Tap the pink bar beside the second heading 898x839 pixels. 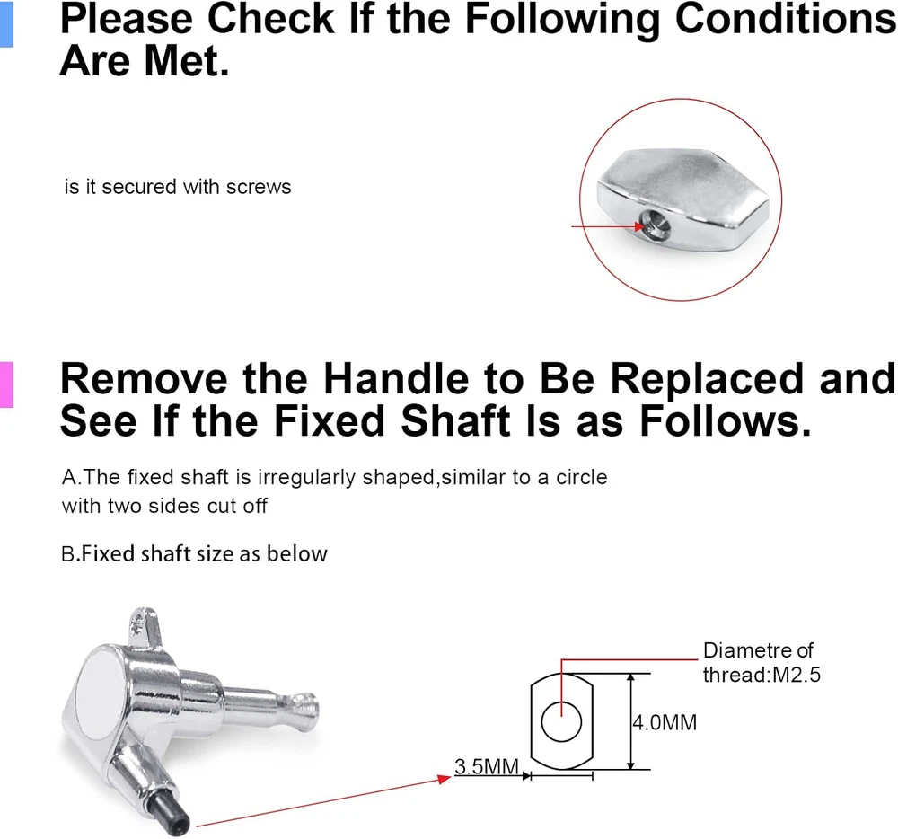6,384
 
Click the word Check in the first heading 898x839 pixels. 270,18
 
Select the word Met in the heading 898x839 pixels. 186,61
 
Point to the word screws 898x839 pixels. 259,187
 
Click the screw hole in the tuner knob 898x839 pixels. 652,222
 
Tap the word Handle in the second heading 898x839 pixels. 396,378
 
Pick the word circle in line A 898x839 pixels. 581,477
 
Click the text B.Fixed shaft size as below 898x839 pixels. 194,554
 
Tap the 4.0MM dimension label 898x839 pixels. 665,723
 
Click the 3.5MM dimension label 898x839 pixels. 487,766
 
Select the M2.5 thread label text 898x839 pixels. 797,676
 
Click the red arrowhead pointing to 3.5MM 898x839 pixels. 444,778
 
